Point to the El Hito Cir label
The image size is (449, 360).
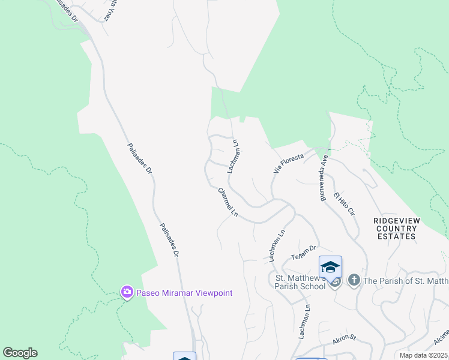(x=345, y=203)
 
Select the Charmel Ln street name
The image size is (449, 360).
(x=228, y=203)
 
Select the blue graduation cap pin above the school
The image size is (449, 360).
(x=330, y=266)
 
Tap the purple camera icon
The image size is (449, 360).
(x=127, y=292)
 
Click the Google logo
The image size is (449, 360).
(x=20, y=353)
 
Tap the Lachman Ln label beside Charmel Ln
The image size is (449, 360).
(x=233, y=158)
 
